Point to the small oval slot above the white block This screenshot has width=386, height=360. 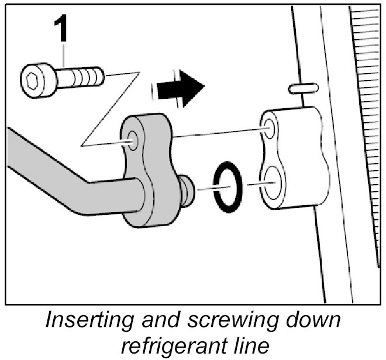click(304, 88)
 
